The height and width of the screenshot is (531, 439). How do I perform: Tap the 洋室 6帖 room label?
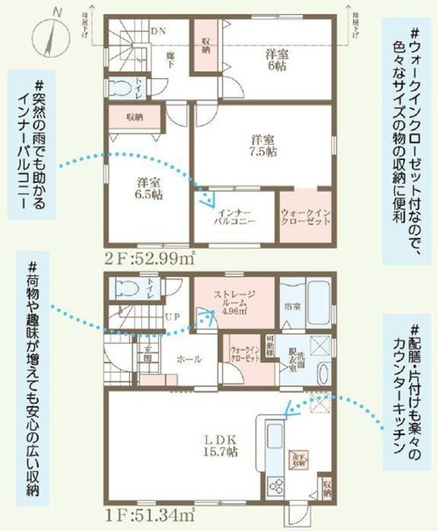click(279, 60)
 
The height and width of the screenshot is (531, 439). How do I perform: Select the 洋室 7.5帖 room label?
click(261, 144)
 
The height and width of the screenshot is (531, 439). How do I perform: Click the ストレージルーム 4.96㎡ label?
click(234, 302)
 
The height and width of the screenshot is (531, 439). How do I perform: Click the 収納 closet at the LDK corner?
click(326, 484)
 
